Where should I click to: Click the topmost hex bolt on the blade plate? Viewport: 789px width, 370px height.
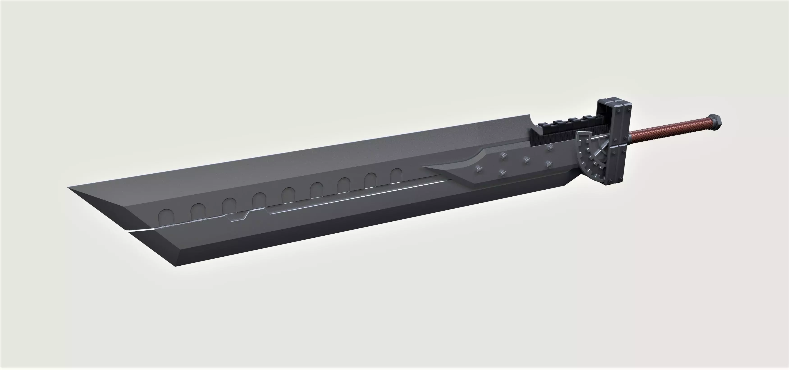[550, 148]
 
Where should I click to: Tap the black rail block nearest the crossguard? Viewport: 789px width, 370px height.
[588, 118]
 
